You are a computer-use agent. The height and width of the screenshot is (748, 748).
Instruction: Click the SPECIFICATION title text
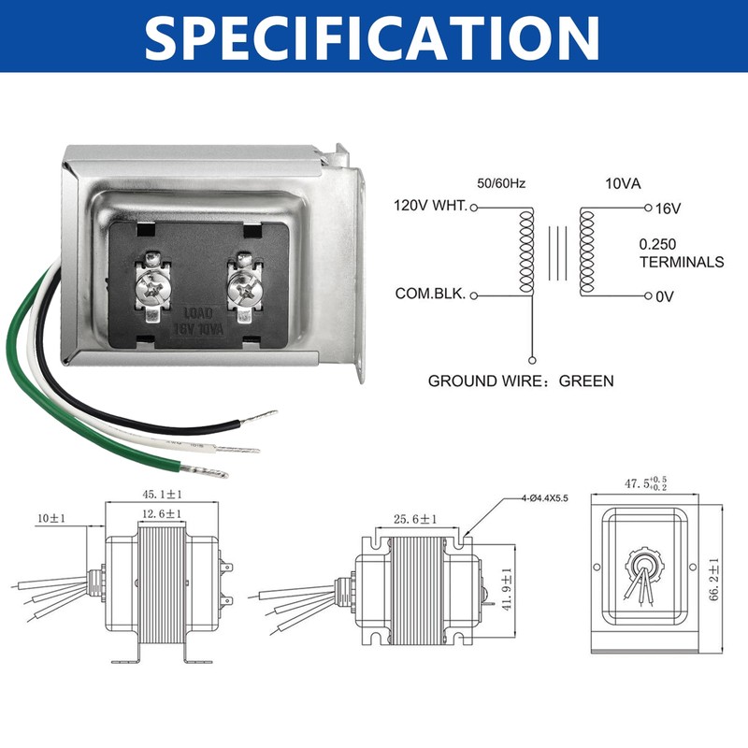click(374, 37)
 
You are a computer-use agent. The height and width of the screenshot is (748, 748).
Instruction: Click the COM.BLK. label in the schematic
click(431, 295)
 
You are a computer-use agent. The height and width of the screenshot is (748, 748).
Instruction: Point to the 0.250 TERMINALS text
click(681, 252)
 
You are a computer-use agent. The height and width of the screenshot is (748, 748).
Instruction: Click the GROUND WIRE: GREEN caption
click(521, 381)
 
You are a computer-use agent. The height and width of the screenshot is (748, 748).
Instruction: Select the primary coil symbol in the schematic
click(524, 251)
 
